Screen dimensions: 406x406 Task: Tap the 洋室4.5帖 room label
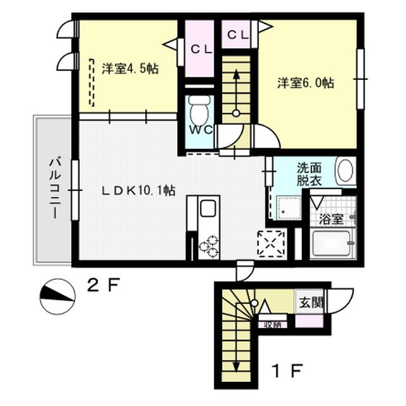point(130,69)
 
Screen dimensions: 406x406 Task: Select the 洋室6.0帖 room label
point(306,83)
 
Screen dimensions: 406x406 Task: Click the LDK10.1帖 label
point(138,191)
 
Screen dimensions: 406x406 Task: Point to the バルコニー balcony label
point(55,189)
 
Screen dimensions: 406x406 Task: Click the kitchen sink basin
point(207,209)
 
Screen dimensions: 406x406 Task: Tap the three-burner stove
point(209,247)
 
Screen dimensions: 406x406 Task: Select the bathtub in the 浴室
point(332,244)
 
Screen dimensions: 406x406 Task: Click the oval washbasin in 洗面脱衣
point(345,171)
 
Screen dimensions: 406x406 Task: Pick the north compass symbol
point(58,296)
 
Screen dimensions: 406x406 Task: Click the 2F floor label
point(103,285)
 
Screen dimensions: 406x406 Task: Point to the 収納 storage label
point(272,325)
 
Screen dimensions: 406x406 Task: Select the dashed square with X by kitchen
point(271,243)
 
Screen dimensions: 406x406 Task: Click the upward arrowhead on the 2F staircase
point(236,74)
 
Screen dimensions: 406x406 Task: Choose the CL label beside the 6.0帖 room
point(238,35)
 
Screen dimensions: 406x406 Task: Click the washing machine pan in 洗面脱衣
point(289,208)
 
